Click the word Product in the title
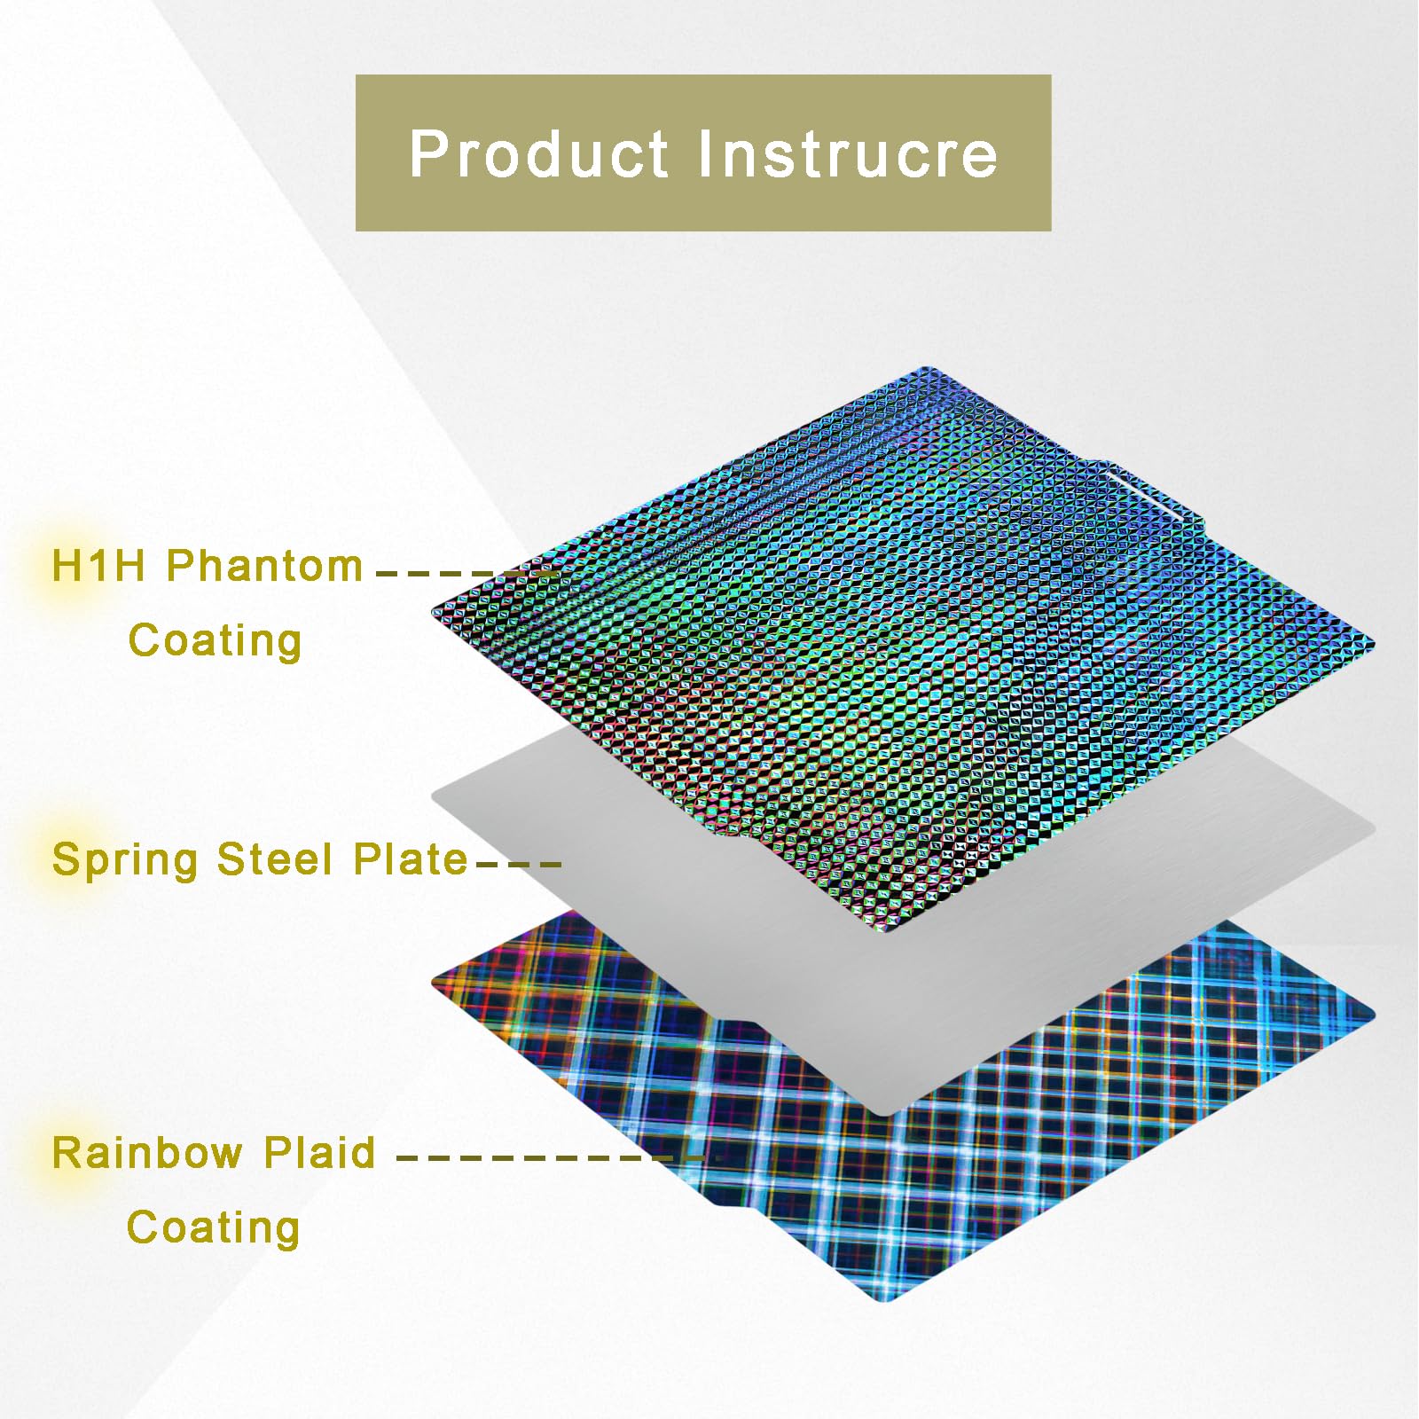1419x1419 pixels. click(537, 154)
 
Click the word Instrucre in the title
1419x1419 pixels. click(848, 154)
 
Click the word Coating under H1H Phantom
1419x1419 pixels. click(215, 640)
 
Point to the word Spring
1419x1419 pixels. click(124, 860)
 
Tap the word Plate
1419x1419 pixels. click(410, 858)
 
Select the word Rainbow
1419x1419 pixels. click(147, 1153)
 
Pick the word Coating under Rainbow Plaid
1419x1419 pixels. click(213, 1228)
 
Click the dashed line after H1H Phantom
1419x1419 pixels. click(466, 574)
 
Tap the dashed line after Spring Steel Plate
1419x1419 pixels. click(519, 863)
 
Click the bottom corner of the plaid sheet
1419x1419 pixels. click(887, 1299)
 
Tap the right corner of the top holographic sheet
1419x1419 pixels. click(1370, 640)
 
